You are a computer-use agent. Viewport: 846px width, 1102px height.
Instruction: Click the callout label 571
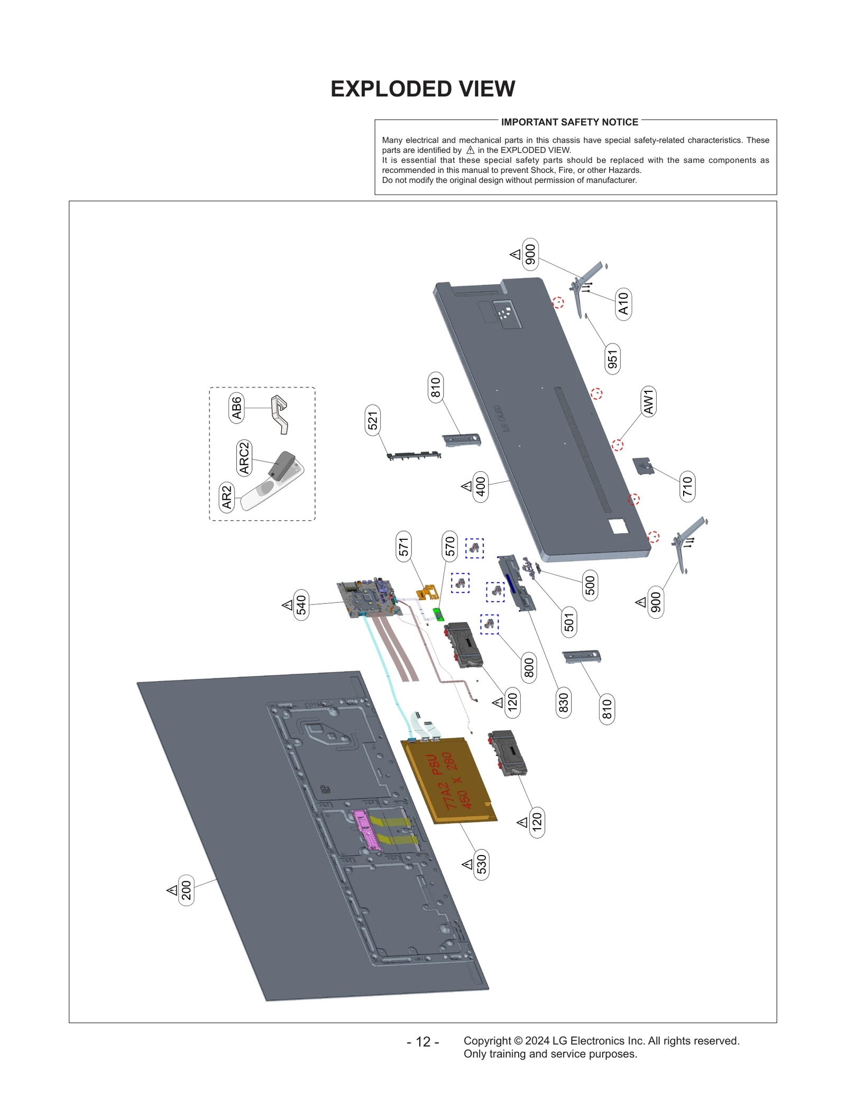404,546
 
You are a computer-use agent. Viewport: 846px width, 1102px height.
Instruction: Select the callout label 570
449,546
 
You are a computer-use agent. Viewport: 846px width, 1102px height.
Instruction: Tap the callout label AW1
648,401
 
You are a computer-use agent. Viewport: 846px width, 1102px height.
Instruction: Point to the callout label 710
687,486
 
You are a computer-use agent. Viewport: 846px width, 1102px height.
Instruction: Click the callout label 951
612,359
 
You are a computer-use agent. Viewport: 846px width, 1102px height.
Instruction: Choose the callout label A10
623,304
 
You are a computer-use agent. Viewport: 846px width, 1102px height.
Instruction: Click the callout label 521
373,420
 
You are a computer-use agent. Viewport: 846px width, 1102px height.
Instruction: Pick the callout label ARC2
244,458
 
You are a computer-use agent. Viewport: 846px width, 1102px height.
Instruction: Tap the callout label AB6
236,407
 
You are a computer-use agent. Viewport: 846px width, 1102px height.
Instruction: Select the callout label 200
186,890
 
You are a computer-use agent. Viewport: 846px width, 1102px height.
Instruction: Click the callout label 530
481,865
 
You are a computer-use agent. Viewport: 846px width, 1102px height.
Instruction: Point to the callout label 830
563,703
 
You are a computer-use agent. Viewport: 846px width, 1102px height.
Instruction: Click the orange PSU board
449,780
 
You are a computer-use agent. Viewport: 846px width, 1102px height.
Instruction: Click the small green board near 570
438,614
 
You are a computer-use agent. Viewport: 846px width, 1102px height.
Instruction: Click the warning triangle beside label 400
466,486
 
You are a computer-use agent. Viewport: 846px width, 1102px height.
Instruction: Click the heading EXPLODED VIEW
422,89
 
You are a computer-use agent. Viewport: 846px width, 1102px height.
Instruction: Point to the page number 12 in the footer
422,1042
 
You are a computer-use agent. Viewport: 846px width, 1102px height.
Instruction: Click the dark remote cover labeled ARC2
282,465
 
